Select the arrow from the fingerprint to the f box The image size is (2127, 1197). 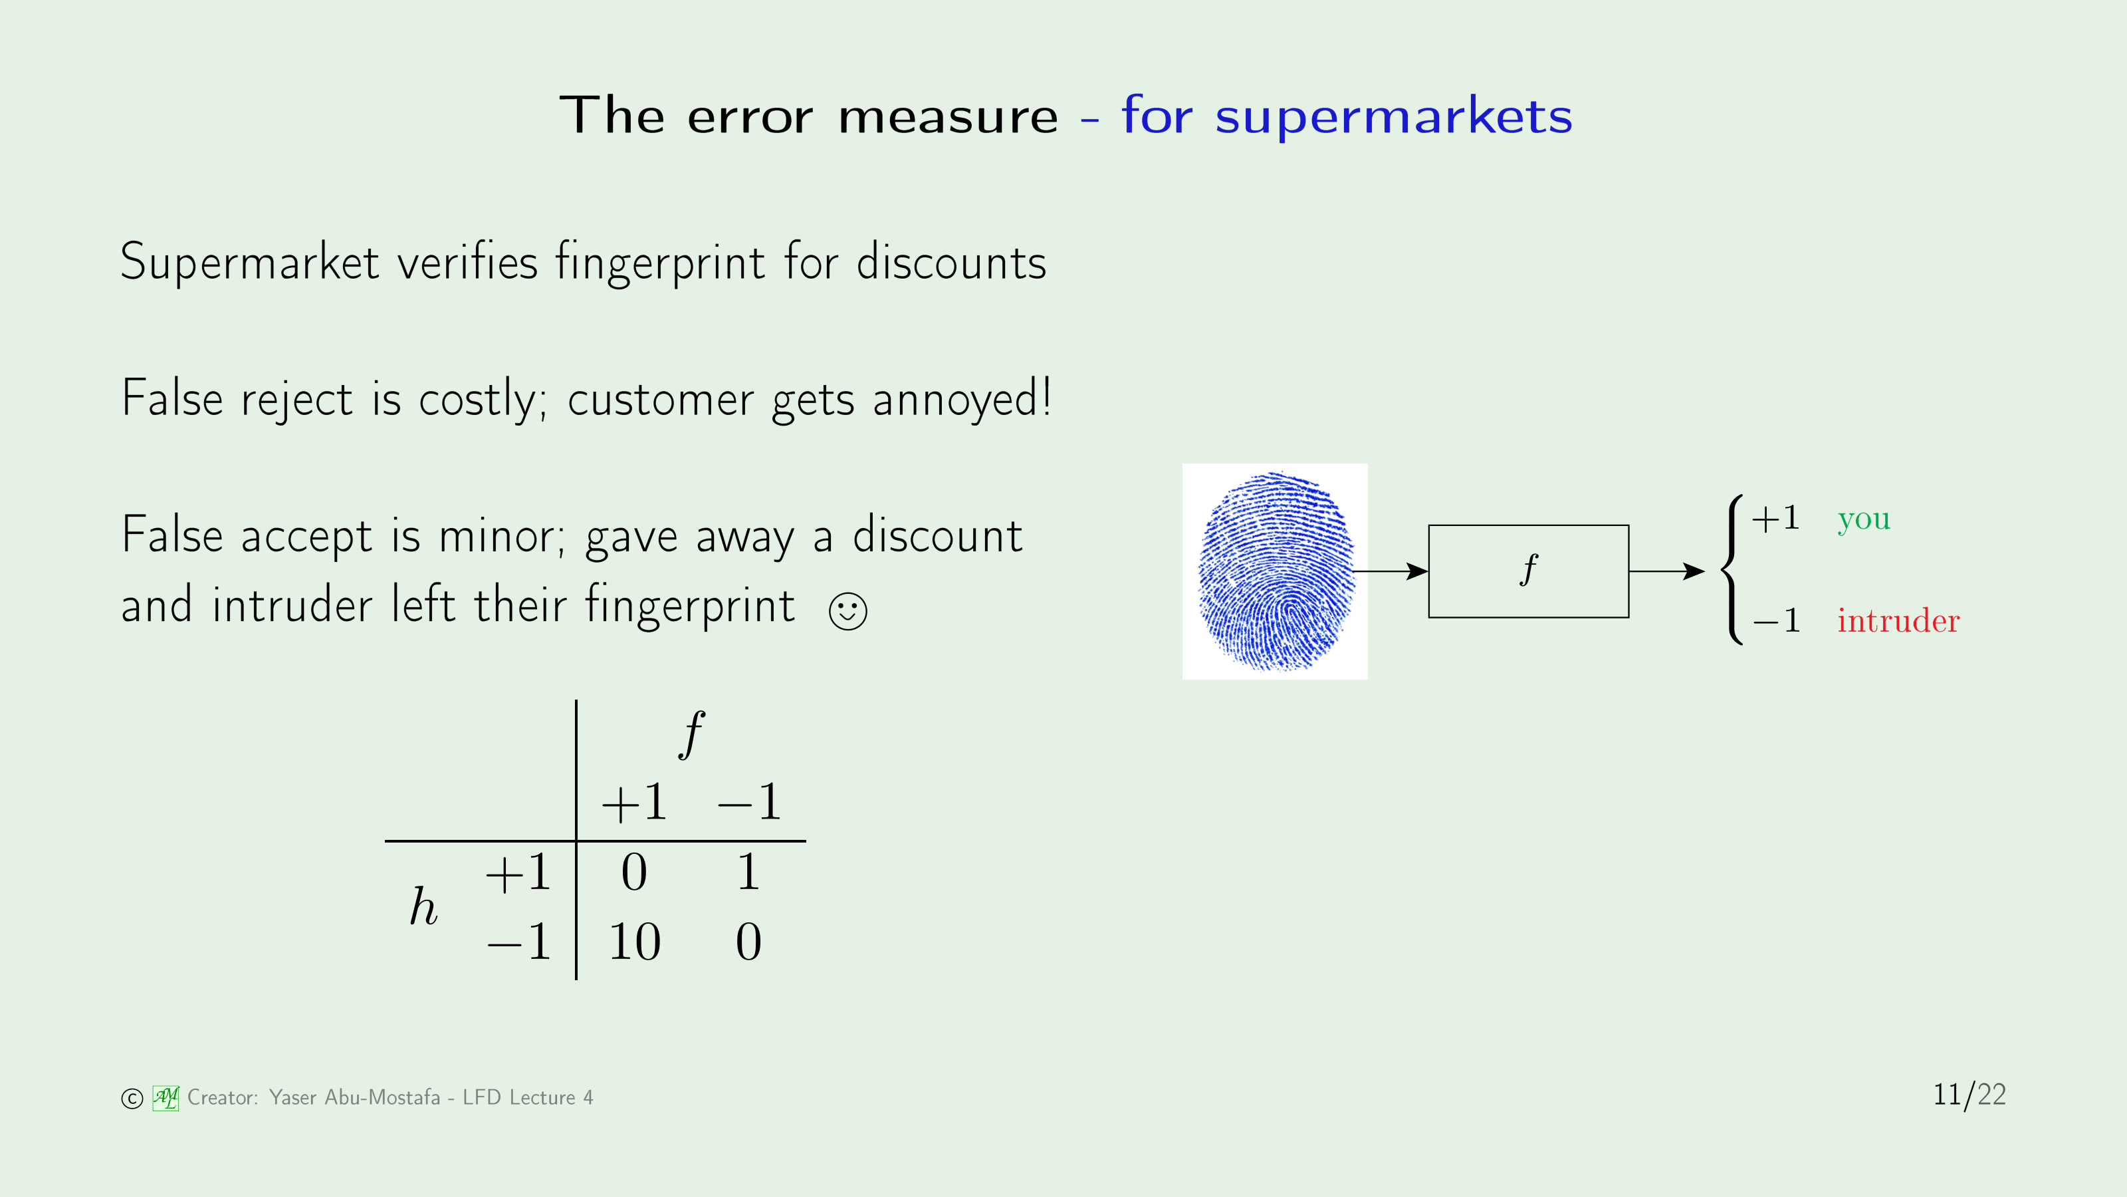(1391, 571)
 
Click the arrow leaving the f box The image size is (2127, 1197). (1667, 571)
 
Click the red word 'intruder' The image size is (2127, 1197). (1898, 620)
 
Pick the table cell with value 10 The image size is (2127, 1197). (634, 941)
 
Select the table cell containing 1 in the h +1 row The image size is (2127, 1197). (748, 872)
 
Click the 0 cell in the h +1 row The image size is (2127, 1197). (634, 872)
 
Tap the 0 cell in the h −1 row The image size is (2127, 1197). (748, 941)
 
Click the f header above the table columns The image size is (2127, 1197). (692, 733)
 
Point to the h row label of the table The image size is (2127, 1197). (423, 906)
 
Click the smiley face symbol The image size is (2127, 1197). (847, 611)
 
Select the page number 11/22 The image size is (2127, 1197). (1969, 1095)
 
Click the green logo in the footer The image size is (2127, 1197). (165, 1098)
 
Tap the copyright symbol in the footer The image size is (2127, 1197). (132, 1099)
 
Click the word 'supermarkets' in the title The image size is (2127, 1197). (1394, 116)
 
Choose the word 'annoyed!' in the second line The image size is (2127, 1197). (962, 398)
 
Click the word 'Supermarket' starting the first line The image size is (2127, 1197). (250, 263)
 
